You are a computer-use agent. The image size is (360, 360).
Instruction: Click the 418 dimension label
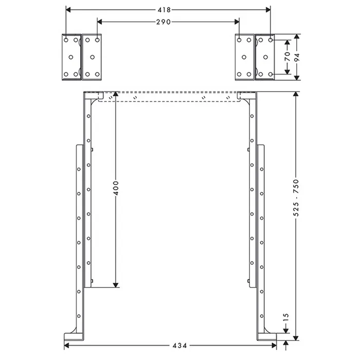pyautogui.click(x=164, y=10)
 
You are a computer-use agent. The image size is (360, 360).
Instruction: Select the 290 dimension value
pyautogui.click(x=164, y=22)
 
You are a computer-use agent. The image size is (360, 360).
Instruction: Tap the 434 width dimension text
pyautogui.click(x=179, y=346)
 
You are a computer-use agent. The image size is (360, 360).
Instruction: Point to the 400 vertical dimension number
pyautogui.click(x=116, y=188)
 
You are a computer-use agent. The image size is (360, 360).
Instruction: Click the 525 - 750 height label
pyautogui.click(x=296, y=197)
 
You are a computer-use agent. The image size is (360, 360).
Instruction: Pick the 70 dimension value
pyautogui.click(x=287, y=57)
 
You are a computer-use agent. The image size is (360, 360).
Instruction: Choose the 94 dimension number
pyautogui.click(x=297, y=57)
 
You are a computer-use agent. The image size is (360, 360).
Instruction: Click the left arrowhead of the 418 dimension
pyautogui.click(x=68, y=10)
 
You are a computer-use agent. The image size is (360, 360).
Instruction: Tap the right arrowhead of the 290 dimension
pyautogui.click(x=237, y=22)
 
